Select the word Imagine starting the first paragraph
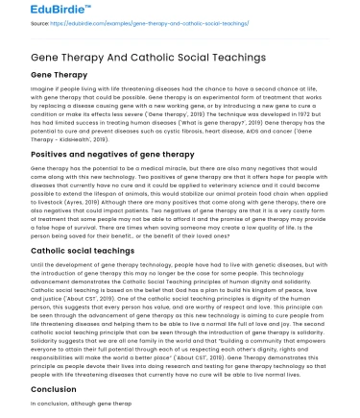pyautogui.click(x=44, y=89)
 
